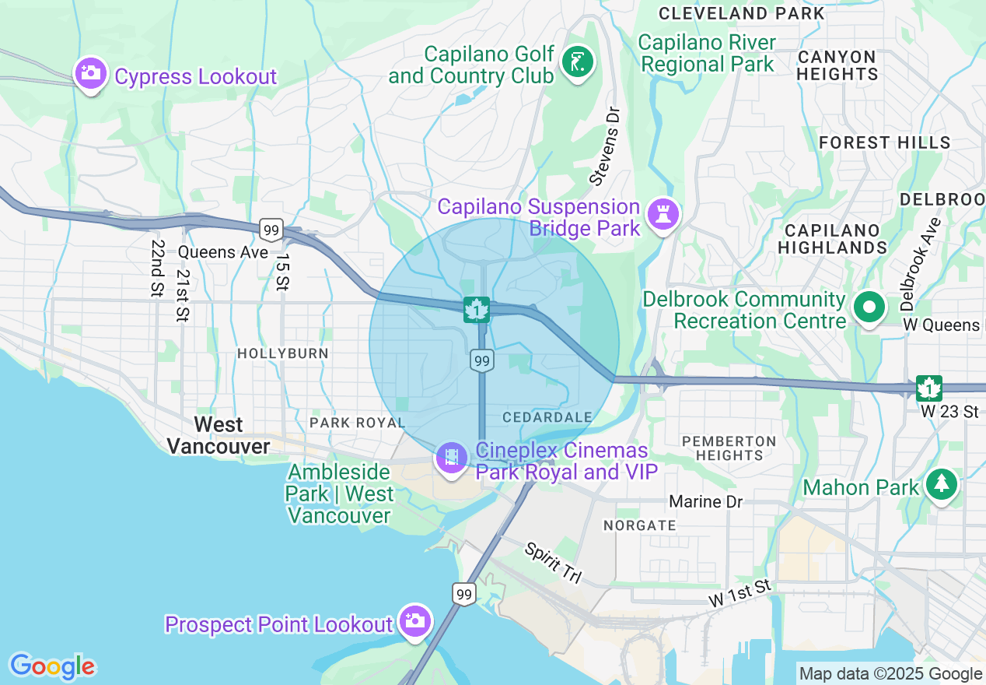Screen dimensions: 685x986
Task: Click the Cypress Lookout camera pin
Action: coord(91,74)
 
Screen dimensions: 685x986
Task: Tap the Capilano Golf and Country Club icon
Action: coord(578,62)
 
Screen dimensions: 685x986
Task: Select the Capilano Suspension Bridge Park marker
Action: coord(663,214)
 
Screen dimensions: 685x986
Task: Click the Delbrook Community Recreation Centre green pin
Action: coord(869,307)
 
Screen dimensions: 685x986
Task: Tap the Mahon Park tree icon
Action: coord(941,484)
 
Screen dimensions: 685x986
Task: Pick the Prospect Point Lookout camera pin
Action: coord(415,620)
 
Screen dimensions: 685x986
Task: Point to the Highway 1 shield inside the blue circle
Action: coord(475,309)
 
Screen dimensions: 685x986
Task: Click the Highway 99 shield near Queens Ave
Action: coord(271,229)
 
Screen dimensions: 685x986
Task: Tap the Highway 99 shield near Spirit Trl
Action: coord(464,594)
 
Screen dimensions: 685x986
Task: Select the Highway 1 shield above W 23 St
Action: coord(928,388)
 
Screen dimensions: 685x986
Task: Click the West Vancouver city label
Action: coord(219,435)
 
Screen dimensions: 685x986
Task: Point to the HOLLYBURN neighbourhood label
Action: coord(283,353)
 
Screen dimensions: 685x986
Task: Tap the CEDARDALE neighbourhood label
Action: coord(547,417)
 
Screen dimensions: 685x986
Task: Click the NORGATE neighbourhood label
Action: coord(640,525)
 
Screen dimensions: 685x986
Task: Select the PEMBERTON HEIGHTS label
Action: coord(729,448)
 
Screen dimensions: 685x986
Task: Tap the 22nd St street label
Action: coord(158,268)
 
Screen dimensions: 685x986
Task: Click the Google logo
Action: coord(52,666)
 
